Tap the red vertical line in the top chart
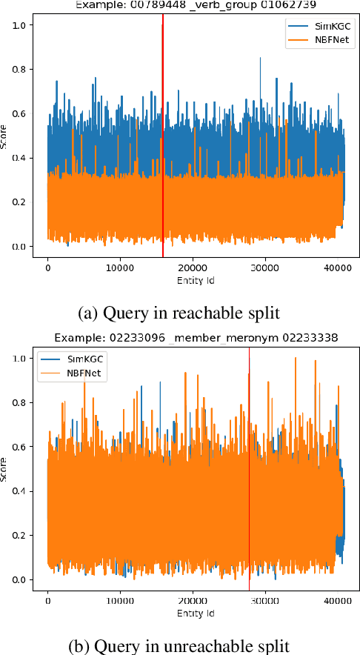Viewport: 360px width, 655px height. pos(162,148)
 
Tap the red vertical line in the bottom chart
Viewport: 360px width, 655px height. pos(249,482)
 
